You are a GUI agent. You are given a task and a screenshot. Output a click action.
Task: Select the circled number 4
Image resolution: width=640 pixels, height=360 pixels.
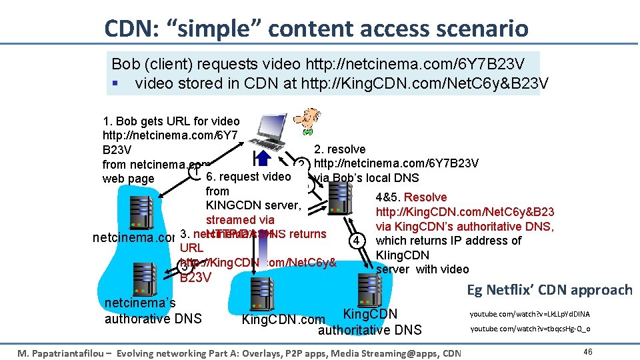click(358, 239)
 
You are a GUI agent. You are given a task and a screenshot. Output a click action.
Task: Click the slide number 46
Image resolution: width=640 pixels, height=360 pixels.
click(587, 351)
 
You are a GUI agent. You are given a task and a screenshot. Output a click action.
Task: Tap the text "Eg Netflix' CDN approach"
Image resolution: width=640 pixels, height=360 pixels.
click(549, 289)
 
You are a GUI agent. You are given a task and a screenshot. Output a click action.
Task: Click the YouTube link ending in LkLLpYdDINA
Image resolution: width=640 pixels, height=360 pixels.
click(529, 314)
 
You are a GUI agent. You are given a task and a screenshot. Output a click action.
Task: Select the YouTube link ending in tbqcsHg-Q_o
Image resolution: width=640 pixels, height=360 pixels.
click(529, 329)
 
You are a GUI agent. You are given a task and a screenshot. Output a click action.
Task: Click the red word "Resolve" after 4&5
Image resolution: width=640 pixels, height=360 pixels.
click(425, 197)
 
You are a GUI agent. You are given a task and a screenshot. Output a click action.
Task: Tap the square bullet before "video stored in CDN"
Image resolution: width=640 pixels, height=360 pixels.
click(115, 83)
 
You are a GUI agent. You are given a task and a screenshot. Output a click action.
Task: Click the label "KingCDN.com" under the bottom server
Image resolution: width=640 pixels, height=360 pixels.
click(283, 320)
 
